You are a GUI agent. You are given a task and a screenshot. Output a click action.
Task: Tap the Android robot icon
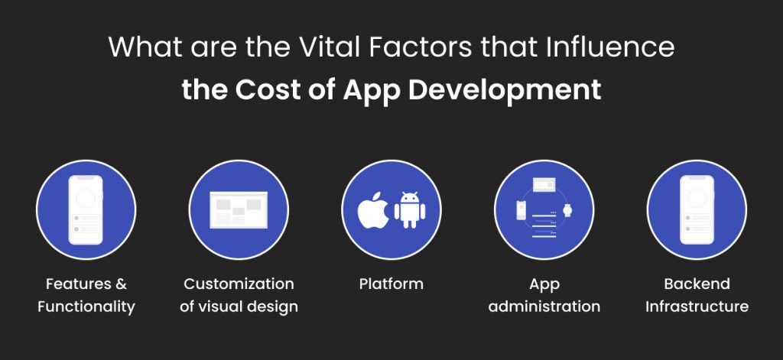point(409,209)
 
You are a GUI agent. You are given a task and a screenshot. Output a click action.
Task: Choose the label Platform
point(391,284)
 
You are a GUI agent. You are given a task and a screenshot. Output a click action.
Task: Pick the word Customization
point(239,284)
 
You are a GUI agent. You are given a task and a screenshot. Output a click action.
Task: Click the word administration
point(544,306)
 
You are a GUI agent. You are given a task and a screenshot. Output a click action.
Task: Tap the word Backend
point(697,284)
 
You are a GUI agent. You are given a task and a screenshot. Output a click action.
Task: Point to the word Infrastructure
point(697,306)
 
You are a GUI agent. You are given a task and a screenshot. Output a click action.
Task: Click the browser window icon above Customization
point(239,208)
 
